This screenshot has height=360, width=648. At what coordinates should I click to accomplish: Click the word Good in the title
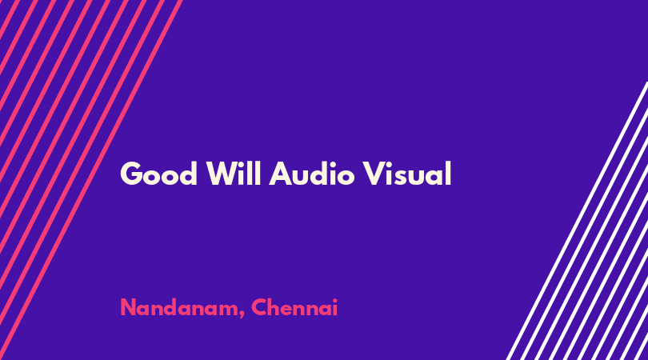click(x=158, y=174)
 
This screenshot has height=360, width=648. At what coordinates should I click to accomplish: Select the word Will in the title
click(x=234, y=173)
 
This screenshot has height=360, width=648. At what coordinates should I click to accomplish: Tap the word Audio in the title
click(x=312, y=173)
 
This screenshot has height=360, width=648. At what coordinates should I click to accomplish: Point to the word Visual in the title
click(x=407, y=173)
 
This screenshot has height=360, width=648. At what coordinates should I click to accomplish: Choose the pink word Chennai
click(x=294, y=307)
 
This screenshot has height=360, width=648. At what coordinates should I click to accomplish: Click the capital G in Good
click(x=130, y=174)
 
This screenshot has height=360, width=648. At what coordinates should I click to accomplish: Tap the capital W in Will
click(x=222, y=174)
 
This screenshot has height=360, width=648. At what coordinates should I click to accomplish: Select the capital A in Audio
click(x=281, y=174)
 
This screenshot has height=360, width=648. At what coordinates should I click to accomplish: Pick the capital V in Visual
click(x=375, y=174)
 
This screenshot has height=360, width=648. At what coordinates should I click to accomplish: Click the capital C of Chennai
click(x=259, y=307)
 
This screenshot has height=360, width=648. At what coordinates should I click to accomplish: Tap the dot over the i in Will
click(x=244, y=164)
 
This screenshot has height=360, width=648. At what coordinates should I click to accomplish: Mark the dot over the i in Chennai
click(x=334, y=300)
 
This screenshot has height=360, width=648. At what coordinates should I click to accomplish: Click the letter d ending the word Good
click(x=189, y=174)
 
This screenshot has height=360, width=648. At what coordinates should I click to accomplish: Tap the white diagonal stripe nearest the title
click(x=577, y=221)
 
